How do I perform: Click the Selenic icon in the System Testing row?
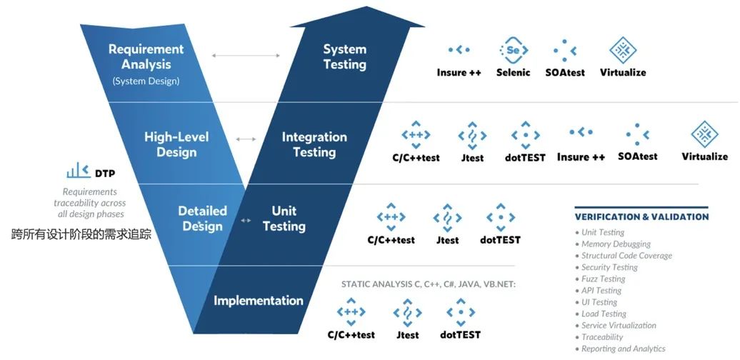point(513,50)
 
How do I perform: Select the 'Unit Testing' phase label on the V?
point(284,219)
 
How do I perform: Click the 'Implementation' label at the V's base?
point(259,301)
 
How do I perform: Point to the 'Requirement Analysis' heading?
point(146,57)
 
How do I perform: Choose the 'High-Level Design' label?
point(176,144)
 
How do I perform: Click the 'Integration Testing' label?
point(314,144)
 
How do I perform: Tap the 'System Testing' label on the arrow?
point(344,57)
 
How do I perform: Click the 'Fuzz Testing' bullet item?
point(603,279)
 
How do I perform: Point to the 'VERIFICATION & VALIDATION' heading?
point(641,216)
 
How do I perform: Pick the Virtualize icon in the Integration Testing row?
point(704,134)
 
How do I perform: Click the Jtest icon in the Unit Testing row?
point(447,217)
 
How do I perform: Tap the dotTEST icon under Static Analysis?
point(461,312)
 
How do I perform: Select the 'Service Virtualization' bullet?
point(619,325)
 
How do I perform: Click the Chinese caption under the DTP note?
point(81,233)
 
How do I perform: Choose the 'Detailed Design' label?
point(202,219)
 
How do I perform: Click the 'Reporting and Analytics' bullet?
point(623,349)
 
